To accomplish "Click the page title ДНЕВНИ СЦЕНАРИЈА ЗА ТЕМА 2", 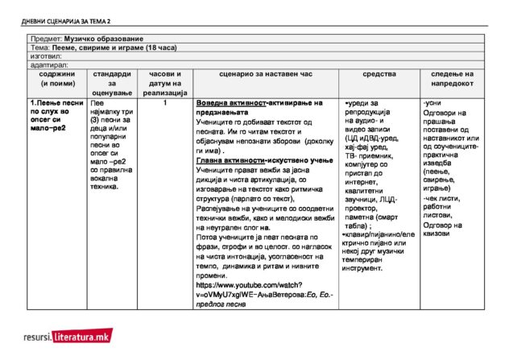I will click(67, 19).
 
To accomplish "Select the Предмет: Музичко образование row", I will click(87, 39).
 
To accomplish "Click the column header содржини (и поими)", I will click(56, 78).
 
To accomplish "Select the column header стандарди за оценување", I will click(112, 83).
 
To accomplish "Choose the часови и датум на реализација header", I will click(164, 83).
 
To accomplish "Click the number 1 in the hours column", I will click(164, 103).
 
